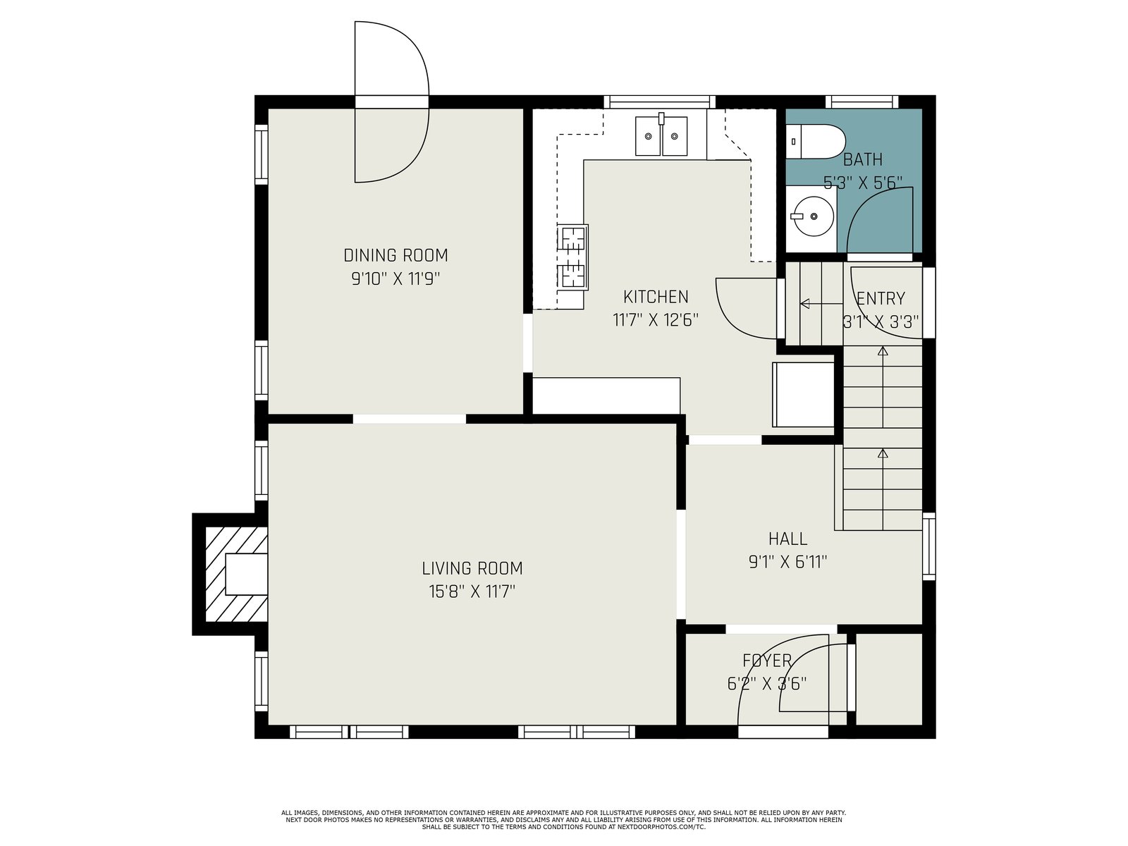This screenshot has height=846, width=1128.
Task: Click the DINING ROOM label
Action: tap(396, 255)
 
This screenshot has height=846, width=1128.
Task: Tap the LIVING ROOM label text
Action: tap(472, 568)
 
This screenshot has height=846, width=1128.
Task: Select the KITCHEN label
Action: tap(655, 296)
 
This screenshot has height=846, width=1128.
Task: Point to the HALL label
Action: tap(787, 539)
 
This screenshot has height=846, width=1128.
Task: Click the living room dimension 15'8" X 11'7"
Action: tap(472, 591)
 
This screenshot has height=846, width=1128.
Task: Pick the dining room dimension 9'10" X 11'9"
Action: tap(396, 279)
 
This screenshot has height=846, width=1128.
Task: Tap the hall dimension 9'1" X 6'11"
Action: tap(787, 562)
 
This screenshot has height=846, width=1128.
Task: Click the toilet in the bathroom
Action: tap(816, 141)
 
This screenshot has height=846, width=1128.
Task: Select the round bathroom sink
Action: tap(812, 216)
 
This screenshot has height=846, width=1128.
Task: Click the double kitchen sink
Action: tap(661, 135)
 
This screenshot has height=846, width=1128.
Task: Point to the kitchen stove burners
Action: tap(572, 257)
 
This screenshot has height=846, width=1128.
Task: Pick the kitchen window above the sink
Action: tap(659, 102)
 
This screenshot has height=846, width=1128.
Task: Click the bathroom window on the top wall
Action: tap(862, 102)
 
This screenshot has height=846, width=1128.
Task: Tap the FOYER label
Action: tap(767, 660)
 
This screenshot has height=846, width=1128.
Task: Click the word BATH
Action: tap(863, 159)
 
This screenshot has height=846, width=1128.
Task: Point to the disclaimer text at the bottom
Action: tap(564, 820)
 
